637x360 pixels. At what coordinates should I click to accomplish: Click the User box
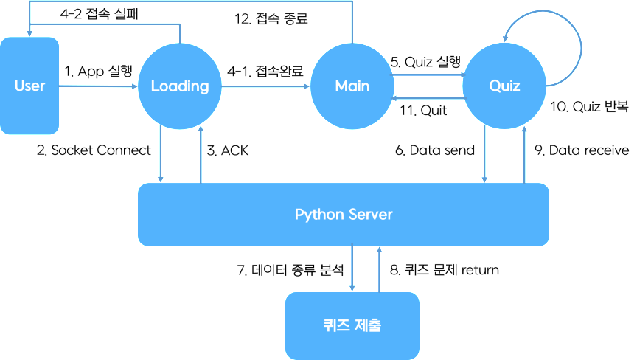click(29, 86)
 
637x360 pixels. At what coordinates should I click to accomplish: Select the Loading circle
click(180, 86)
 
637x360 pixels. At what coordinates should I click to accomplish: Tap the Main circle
click(352, 86)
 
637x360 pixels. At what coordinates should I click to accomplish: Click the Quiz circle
click(504, 86)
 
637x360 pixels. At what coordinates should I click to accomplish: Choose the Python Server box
click(344, 215)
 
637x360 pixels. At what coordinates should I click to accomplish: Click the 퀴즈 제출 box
click(352, 325)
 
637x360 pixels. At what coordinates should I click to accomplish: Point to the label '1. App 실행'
click(99, 72)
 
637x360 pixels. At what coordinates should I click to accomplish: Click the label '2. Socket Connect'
click(94, 150)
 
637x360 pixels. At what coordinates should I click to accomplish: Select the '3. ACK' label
click(228, 150)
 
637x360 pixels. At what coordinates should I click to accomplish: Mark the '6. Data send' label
click(434, 150)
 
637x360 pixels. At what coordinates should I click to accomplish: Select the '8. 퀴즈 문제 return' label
click(444, 270)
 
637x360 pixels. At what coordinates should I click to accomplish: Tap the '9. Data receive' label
click(582, 150)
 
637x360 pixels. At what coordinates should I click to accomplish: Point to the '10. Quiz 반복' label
click(590, 107)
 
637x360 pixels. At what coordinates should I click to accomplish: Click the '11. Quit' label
click(422, 111)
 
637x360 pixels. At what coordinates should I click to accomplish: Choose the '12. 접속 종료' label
click(271, 20)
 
